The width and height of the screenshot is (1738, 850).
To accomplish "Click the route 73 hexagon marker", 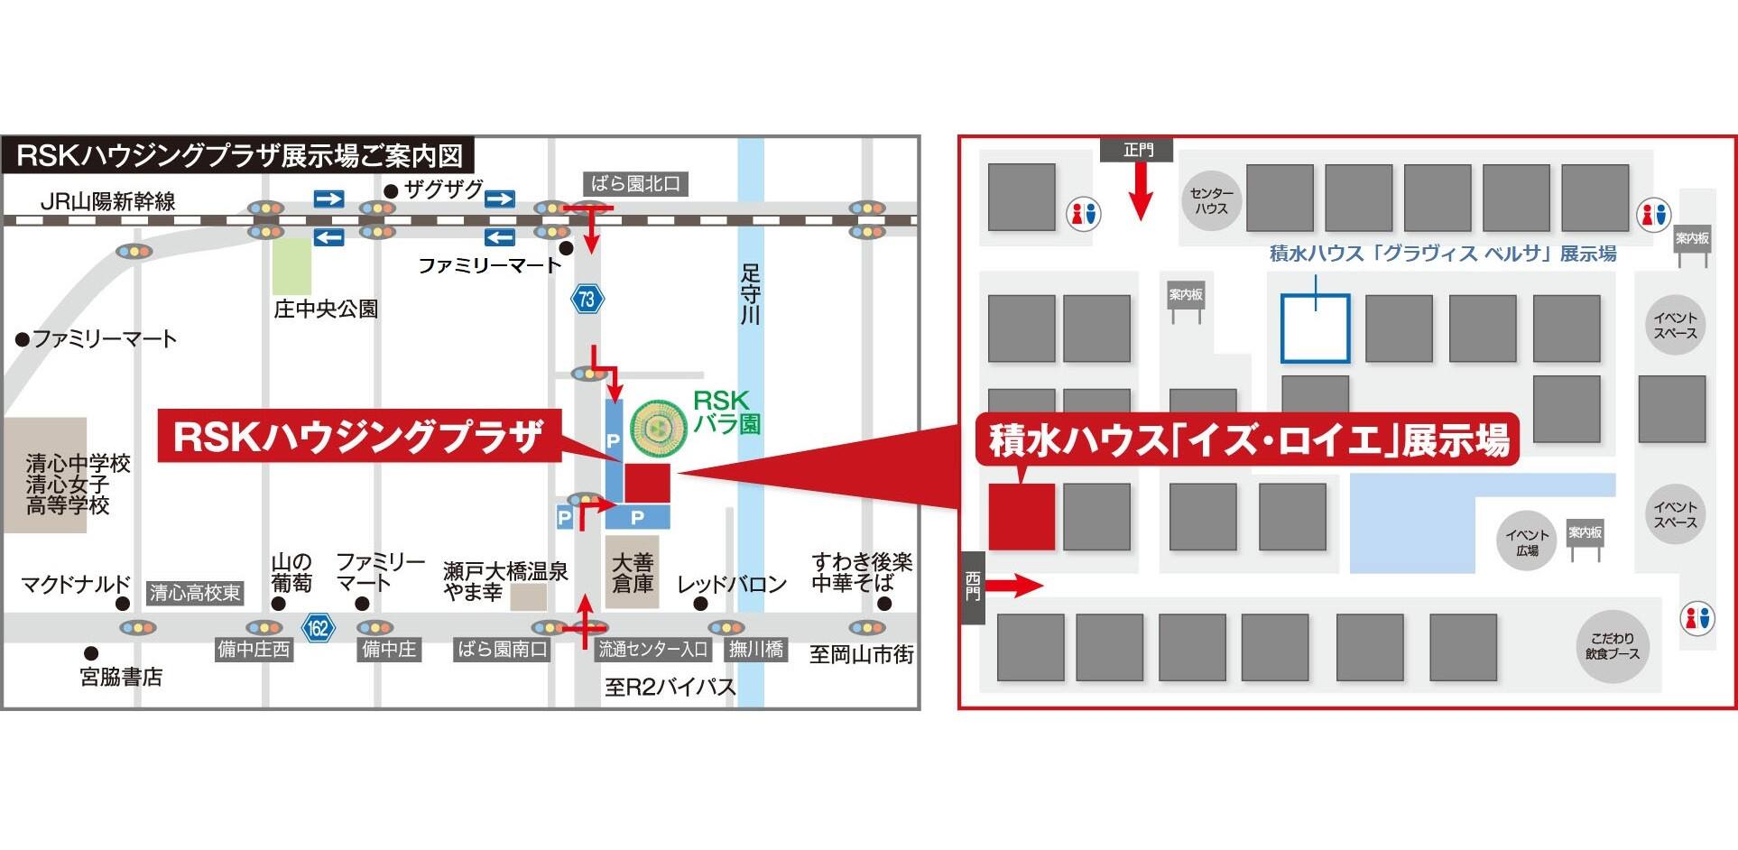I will tap(587, 299).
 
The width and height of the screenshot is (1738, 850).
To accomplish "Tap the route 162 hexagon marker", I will tap(318, 627).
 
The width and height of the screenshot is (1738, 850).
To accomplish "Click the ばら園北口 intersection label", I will tap(635, 184).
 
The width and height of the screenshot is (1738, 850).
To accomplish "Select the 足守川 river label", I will tap(750, 293).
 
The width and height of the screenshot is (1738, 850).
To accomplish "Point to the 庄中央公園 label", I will tap(326, 309).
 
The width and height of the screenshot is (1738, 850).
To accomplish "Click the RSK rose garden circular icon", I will tap(658, 427).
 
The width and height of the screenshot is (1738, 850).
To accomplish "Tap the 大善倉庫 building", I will tap(633, 572).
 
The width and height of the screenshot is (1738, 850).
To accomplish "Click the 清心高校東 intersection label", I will tap(195, 593).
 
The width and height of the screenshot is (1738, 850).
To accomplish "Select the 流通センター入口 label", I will tap(652, 649).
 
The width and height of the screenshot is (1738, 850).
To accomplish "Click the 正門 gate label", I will tap(1137, 150).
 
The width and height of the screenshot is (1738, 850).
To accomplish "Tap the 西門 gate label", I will tap(973, 587).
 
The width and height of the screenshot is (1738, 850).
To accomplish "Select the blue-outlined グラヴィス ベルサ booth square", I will tap(1315, 328).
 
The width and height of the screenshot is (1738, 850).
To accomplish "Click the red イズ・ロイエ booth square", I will tap(1022, 516).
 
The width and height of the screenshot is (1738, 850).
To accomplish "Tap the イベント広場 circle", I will tap(1527, 541).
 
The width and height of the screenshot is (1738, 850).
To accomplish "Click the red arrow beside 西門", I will tap(1015, 587).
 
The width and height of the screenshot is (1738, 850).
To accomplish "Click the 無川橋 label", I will tap(756, 649).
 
